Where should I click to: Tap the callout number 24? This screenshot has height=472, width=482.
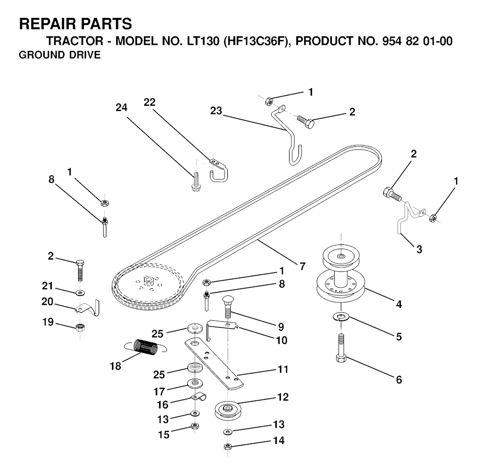121,107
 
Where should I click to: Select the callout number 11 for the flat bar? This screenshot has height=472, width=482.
282,370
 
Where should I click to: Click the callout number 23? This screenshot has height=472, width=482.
217,111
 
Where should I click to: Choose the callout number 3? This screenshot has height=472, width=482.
418,250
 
